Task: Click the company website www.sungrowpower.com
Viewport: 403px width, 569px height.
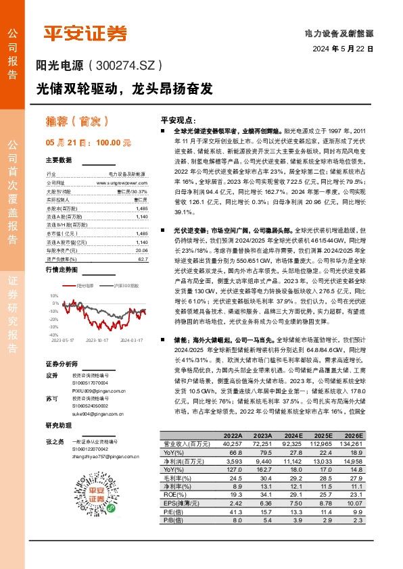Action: [127, 182]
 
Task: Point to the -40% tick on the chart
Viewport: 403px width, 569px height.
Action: [54, 335]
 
